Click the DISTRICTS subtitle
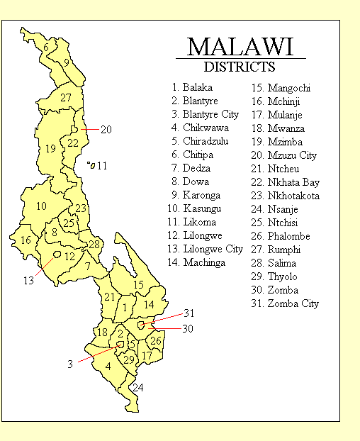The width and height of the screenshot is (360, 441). (x=240, y=68)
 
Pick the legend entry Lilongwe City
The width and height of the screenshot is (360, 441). (x=206, y=250)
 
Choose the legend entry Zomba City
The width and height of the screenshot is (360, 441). (x=287, y=303)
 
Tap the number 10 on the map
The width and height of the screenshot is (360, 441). (x=42, y=206)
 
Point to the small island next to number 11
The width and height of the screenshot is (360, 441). (x=90, y=164)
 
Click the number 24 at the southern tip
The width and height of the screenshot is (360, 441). (x=137, y=388)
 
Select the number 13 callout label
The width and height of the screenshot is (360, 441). (x=28, y=281)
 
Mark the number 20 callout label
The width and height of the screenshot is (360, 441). (x=106, y=130)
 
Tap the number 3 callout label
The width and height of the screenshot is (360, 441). (x=70, y=364)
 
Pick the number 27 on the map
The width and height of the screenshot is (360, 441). (x=66, y=98)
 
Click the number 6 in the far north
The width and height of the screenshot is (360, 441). (x=47, y=48)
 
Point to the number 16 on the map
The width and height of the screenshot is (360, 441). (x=26, y=240)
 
